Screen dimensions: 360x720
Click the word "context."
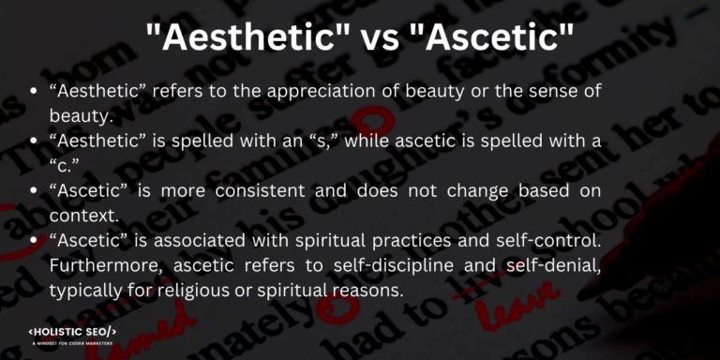tap(78, 215)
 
